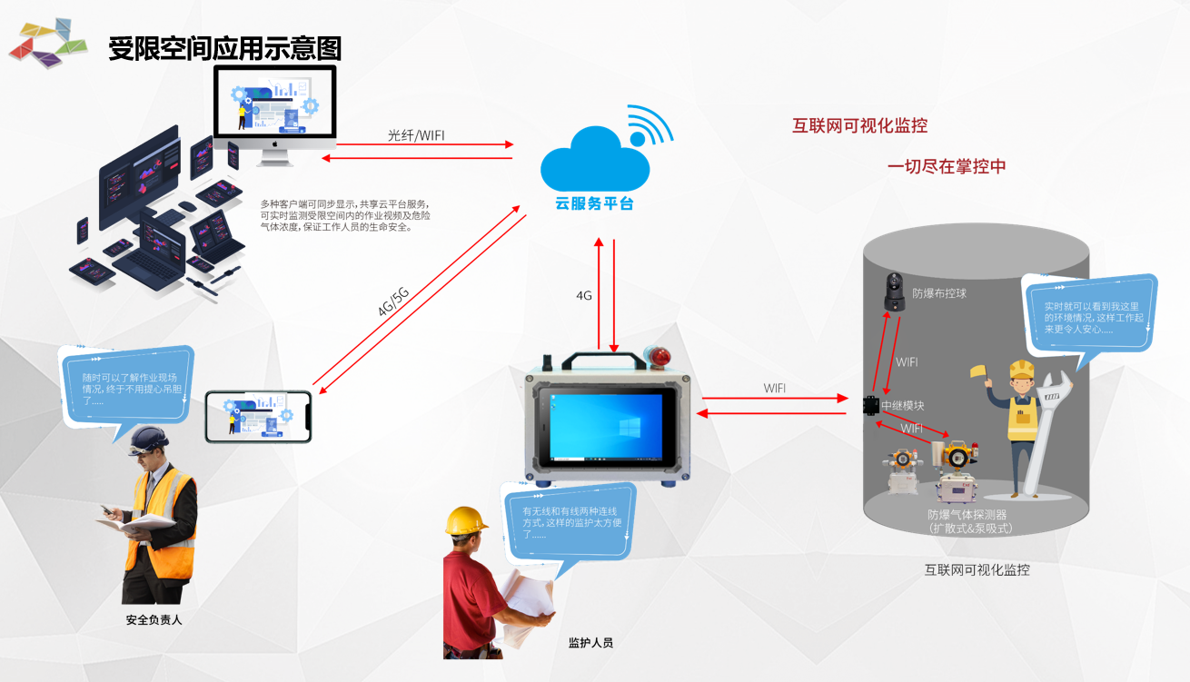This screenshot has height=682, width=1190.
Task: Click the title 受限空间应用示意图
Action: click(x=224, y=48)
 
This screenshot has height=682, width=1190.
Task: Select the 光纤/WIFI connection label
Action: click(x=416, y=135)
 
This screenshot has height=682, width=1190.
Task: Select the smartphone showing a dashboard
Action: click(x=258, y=417)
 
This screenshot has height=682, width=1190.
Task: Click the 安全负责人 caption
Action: click(x=154, y=620)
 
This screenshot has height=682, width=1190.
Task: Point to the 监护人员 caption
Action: click(x=590, y=643)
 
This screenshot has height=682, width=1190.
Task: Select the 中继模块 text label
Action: click(x=903, y=406)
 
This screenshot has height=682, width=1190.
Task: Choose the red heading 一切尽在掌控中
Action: click(x=947, y=167)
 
